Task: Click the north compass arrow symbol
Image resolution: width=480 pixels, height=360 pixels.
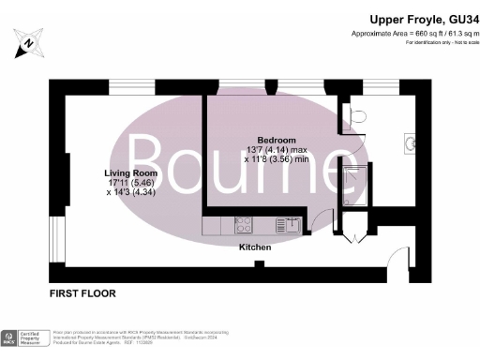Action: pyautogui.click(x=29, y=42)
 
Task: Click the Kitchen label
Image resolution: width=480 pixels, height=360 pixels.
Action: pyautogui.click(x=255, y=247)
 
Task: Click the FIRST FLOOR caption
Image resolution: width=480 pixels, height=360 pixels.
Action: pyautogui.click(x=82, y=293)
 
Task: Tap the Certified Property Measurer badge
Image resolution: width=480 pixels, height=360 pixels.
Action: pyautogui.click(x=36, y=338)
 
